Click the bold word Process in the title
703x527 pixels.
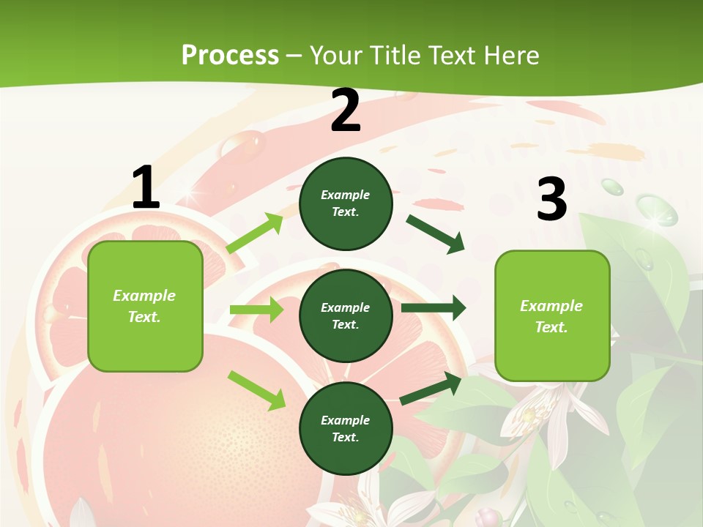point(230,55)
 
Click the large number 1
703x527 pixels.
point(146,188)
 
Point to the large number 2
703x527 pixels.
point(346,111)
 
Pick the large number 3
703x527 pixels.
point(552,200)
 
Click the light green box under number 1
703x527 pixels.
point(145,306)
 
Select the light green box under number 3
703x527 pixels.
point(552,315)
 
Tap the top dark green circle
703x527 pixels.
point(346,203)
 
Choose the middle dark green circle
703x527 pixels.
point(346,315)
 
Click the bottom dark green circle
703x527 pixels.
point(346,428)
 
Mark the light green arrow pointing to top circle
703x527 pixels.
point(255,233)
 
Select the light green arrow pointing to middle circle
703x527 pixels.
point(256,310)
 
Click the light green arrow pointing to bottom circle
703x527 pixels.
point(256,389)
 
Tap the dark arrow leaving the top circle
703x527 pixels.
point(436,233)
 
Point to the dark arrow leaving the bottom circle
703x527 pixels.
point(431,388)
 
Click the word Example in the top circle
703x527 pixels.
point(346,195)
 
